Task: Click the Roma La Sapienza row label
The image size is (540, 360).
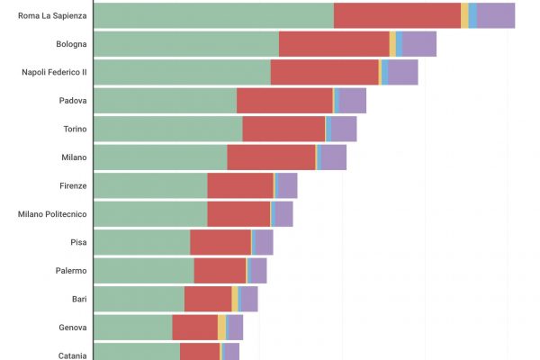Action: (53, 15)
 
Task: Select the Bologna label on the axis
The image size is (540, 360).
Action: (70, 44)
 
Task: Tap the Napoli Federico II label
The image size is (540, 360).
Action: (54, 72)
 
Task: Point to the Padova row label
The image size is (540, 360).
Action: (72, 101)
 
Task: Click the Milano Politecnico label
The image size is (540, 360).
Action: (52, 214)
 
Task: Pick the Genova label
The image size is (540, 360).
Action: (72, 328)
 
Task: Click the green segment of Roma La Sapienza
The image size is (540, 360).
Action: (213, 15)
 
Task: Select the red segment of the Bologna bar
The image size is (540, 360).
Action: (334, 44)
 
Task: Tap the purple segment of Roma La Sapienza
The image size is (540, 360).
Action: (497, 15)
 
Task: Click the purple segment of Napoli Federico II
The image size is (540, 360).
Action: (403, 72)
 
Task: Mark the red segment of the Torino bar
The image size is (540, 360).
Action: (283, 129)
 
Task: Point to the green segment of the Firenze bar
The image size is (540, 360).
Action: (150, 185)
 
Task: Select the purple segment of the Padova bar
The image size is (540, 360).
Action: (352, 101)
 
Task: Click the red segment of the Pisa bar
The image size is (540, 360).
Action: (220, 242)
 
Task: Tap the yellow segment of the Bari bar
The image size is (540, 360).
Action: (235, 299)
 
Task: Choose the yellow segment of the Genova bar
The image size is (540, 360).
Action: (221, 328)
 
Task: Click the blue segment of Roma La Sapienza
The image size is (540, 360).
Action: (473, 15)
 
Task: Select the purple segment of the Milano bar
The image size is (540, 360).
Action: (334, 157)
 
